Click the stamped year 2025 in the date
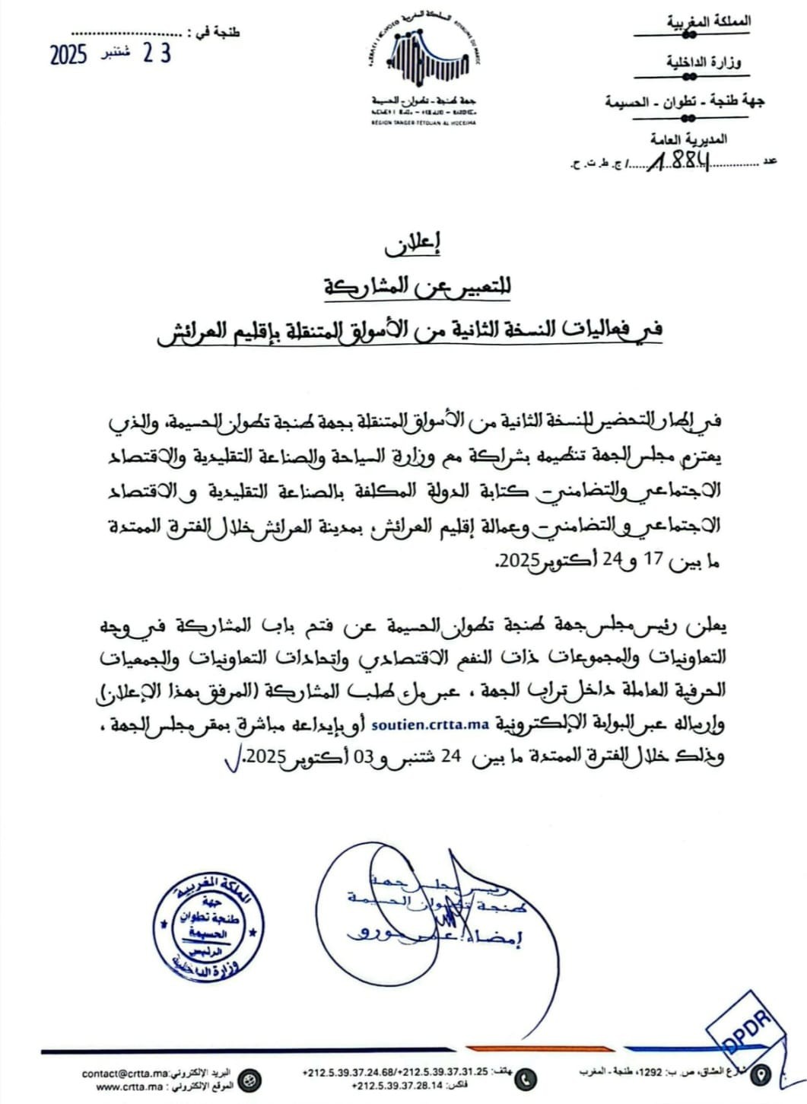coord(69,55)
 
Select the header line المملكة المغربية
coord(710,22)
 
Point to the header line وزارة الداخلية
coord(704,62)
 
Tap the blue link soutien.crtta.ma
coord(429,724)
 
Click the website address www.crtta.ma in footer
coord(126,1087)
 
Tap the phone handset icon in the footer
coord(526,1078)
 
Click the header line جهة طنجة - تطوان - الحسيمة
coord(685,101)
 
